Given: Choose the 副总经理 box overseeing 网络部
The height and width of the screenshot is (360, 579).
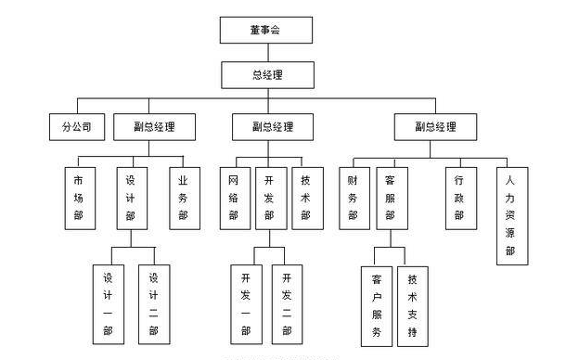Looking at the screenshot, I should click(x=272, y=126).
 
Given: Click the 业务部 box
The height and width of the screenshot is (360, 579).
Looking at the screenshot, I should click(x=183, y=198).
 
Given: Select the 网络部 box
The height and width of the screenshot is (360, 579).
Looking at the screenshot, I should click(x=234, y=198).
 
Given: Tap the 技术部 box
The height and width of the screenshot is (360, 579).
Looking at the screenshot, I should click(x=306, y=198).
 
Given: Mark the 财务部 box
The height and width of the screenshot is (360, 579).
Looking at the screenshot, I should click(x=353, y=198).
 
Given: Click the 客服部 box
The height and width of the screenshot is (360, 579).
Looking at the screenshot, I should click(x=391, y=198).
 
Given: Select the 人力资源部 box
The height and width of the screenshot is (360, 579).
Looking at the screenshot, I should click(x=509, y=215).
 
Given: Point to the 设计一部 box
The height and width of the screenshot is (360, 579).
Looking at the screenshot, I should click(x=109, y=303).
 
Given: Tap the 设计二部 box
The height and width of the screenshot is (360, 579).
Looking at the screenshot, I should click(x=153, y=303).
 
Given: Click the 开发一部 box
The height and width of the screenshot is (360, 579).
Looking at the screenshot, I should click(x=246, y=303).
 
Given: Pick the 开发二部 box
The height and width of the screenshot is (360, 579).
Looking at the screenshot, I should click(x=288, y=303).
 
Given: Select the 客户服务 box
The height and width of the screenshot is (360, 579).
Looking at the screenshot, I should click(x=376, y=303).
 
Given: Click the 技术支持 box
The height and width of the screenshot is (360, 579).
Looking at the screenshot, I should click(x=413, y=303).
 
